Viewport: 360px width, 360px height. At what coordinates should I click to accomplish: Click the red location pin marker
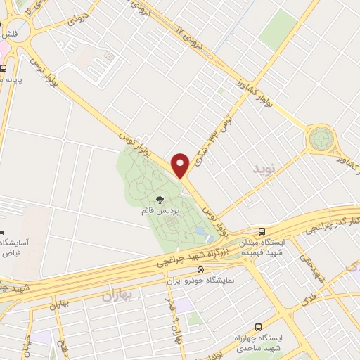point(181,165)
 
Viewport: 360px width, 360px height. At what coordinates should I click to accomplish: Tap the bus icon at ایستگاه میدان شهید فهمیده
point(262,231)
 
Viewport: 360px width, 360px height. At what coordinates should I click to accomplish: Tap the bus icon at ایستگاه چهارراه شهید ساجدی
point(258,328)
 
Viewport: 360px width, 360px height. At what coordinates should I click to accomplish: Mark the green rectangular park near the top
point(277,30)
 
